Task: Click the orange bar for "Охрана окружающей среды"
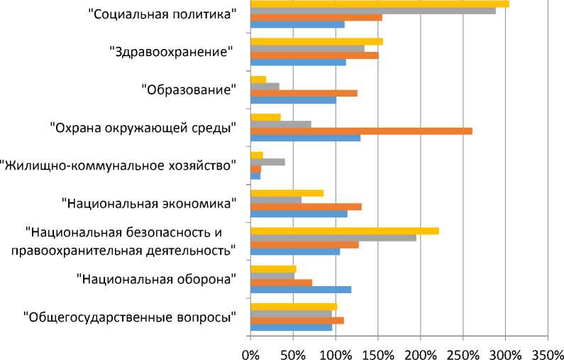[x=361, y=131]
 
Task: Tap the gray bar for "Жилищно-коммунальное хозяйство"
[x=267, y=162]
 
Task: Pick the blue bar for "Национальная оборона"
[x=301, y=290]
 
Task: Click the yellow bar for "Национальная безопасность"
[x=345, y=231]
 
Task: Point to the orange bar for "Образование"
[x=304, y=93]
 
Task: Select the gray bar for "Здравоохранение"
[x=307, y=48]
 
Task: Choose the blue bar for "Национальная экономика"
[x=299, y=214]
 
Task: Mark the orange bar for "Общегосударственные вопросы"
[x=297, y=320]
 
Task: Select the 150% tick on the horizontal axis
[x=377, y=352]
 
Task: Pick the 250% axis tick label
[x=463, y=352]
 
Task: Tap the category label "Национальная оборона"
[x=155, y=279]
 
